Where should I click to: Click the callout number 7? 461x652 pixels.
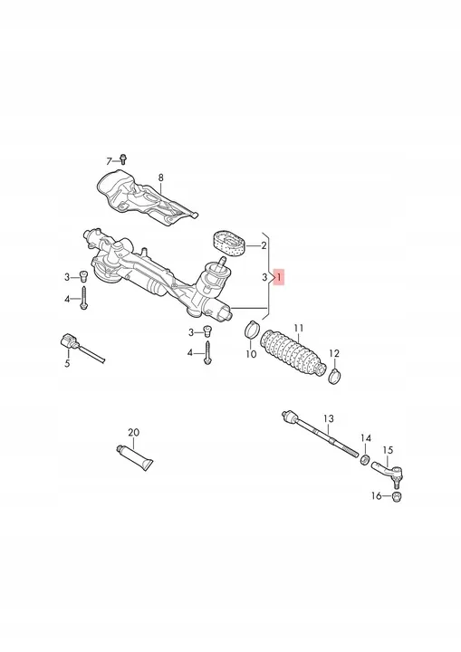[110, 160]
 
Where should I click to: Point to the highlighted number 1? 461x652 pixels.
[280, 277]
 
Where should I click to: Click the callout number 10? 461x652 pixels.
[252, 354]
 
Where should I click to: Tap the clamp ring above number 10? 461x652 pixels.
[254, 330]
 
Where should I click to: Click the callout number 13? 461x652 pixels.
[329, 417]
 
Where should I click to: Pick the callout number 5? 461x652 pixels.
[66, 364]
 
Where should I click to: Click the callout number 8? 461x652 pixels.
[160, 177]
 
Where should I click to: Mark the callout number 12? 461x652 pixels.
[333, 353]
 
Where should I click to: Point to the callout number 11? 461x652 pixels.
[297, 327]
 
